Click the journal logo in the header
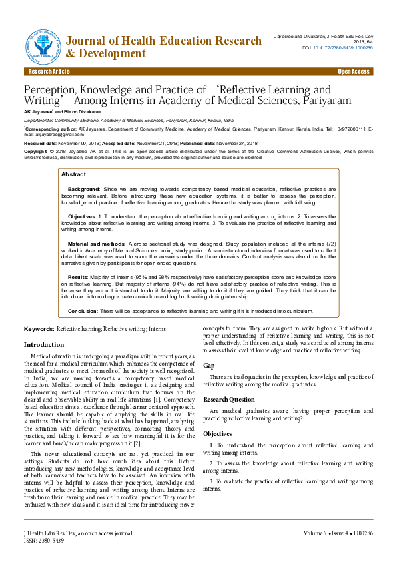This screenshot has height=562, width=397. tap(43, 44)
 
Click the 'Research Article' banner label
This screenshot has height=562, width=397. tap(49, 71)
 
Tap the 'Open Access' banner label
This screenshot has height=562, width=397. tap(353, 71)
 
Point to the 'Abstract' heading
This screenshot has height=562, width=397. tap(73, 174)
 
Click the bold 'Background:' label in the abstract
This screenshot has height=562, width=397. tap(84, 190)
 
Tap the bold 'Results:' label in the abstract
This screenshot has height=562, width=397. tap(78, 276)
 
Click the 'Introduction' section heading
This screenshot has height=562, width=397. tap(44, 344)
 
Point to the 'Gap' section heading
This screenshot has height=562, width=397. tap(208, 366)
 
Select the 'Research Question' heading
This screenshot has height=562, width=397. tap(229, 400)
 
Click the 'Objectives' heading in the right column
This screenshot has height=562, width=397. tap(218, 434)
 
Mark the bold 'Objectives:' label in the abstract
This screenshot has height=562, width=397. tap(82, 217)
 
